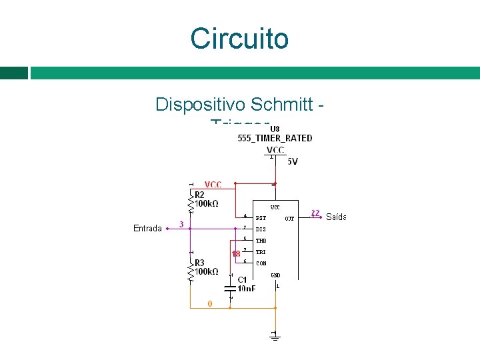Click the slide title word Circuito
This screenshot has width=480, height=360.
(x=239, y=39)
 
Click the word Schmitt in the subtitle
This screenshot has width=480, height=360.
(x=279, y=105)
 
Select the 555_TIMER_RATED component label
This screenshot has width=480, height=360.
(x=275, y=139)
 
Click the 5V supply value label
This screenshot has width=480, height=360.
(x=293, y=161)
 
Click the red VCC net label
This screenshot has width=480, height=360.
(x=213, y=185)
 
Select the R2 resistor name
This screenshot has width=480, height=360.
(x=200, y=194)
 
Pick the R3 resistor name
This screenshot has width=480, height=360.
(x=200, y=263)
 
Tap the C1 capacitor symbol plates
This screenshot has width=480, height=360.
(x=230, y=288)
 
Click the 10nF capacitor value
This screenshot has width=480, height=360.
(x=246, y=289)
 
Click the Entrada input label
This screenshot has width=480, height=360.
(x=147, y=229)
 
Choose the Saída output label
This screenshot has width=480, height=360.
(x=336, y=217)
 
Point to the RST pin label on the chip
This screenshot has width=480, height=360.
(x=261, y=218)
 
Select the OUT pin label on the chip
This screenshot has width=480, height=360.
(x=289, y=218)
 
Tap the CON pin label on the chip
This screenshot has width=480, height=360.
(x=261, y=263)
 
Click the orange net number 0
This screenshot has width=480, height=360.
(x=210, y=304)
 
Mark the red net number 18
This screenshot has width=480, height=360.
(x=235, y=254)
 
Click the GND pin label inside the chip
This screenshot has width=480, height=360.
(x=275, y=275)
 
